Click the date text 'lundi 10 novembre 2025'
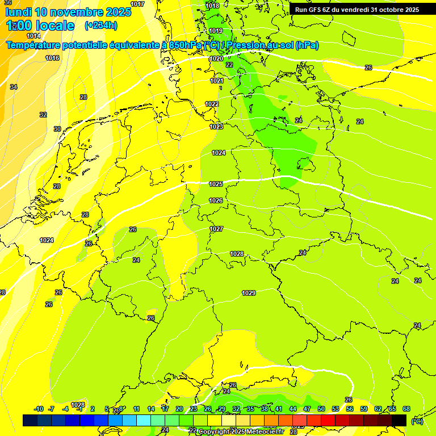[68, 12]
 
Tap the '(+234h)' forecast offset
[101, 25]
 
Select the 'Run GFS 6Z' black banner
[357, 9]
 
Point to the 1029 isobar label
[249, 293]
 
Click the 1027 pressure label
[216, 229]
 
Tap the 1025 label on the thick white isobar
[216, 184]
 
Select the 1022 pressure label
[212, 104]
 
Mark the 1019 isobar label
[216, 31]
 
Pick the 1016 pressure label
[52, 58]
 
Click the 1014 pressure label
[33, 36]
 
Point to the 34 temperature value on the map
[14, 87]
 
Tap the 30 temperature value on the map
[57, 129]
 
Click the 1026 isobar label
[216, 200]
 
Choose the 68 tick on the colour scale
[406, 409]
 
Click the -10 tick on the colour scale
[39, 409]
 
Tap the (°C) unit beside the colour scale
[417, 421]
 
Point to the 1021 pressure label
[217, 81]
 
